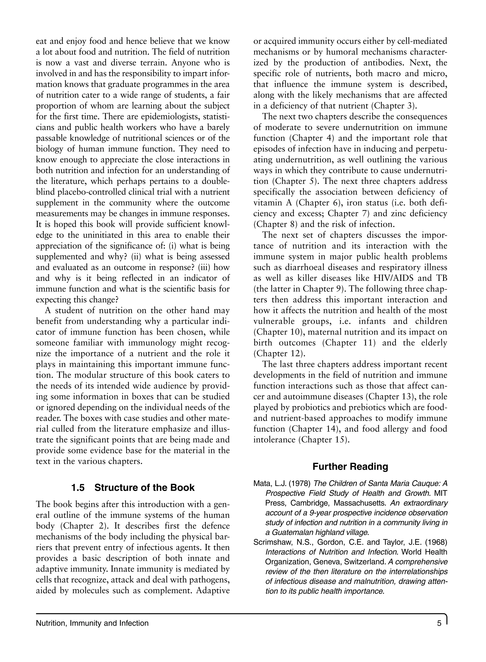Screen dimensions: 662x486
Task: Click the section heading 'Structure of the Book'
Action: pos(145,488)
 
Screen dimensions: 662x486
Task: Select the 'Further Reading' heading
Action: pos(350,467)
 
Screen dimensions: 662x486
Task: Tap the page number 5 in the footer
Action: pos(439,623)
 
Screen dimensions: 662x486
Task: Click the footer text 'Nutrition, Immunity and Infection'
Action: pos(92,623)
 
